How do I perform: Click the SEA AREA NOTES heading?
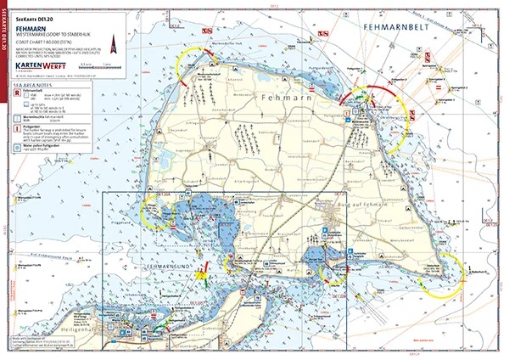(35, 85)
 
